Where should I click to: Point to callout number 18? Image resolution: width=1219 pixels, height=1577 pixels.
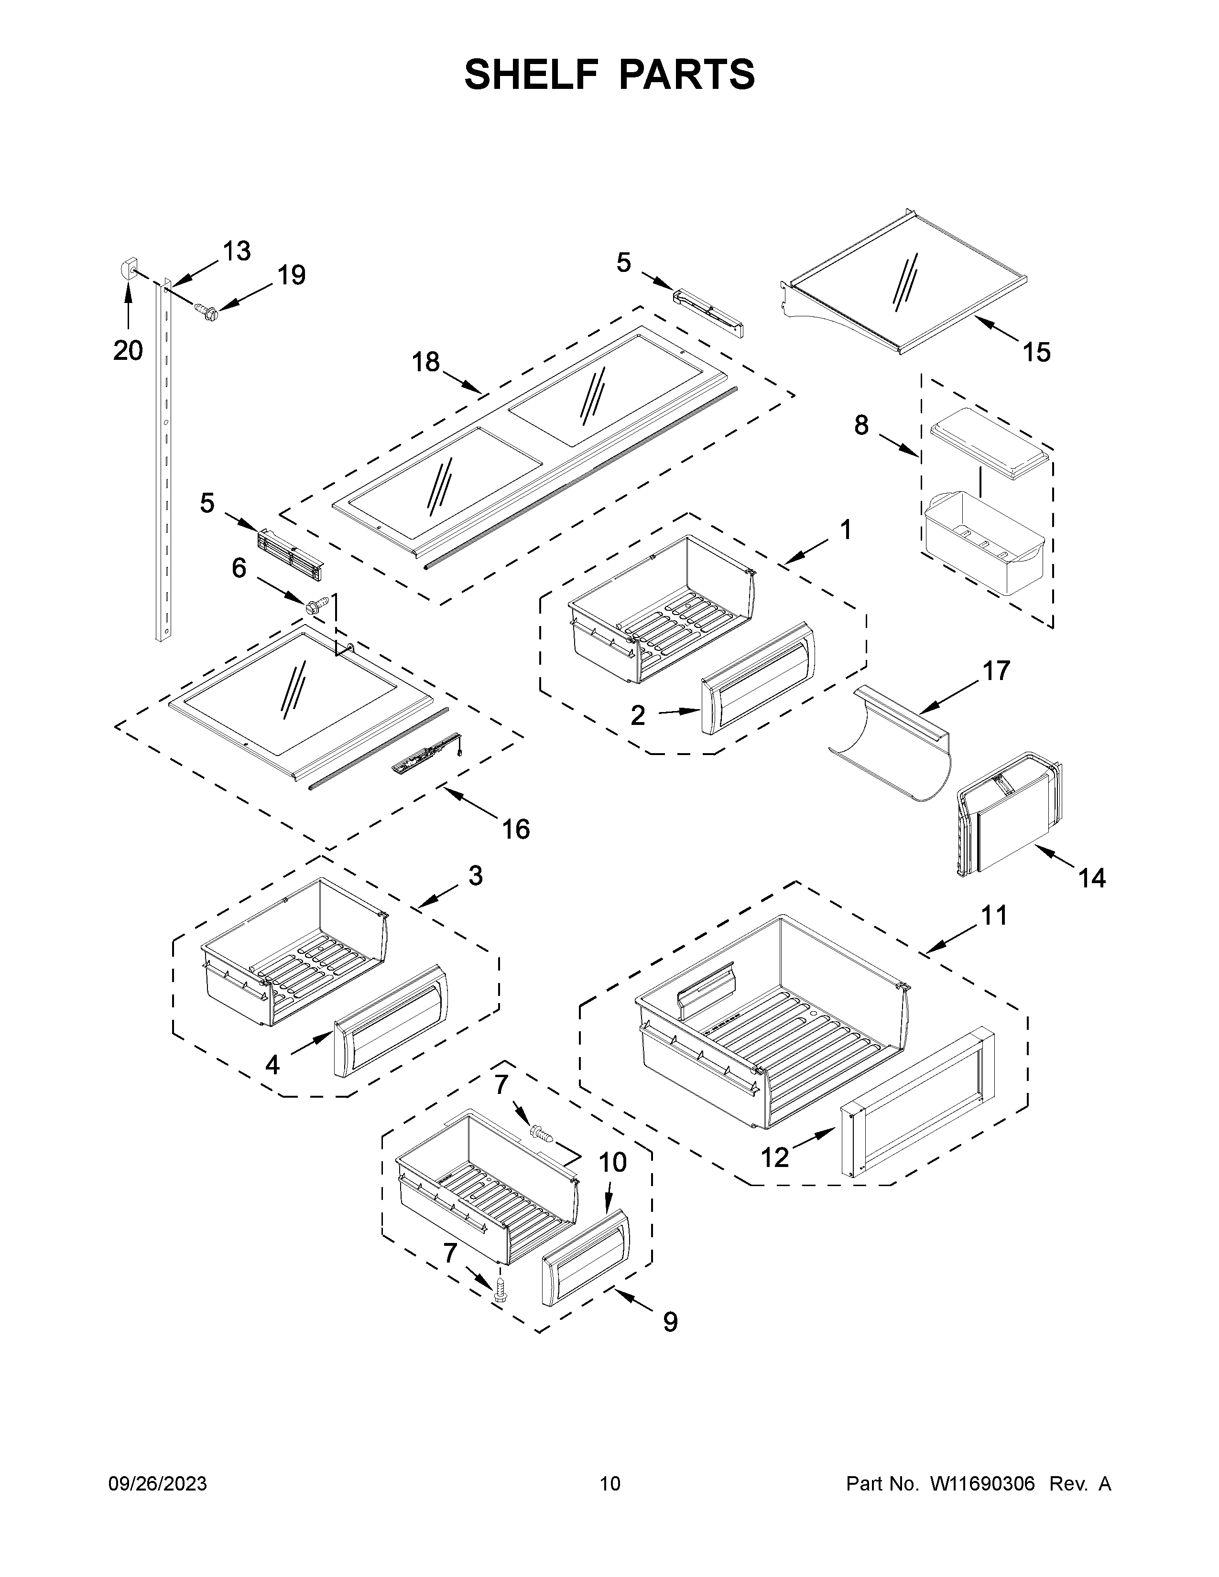426,362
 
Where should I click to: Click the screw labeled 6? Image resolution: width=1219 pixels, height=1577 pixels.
316,603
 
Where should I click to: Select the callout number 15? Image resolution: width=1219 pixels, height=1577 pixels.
1036,352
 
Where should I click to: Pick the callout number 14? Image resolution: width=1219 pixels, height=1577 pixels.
1091,878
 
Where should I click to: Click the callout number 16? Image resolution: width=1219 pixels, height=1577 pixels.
516,829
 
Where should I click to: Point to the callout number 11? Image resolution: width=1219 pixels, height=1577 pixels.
994,916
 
